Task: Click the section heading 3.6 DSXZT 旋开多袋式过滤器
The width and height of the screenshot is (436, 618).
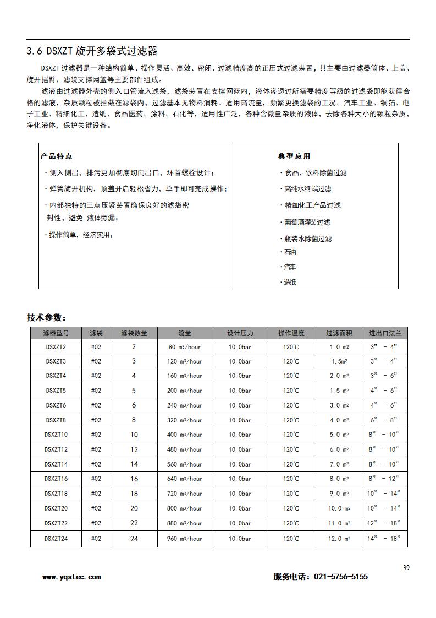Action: pyautogui.click(x=92, y=51)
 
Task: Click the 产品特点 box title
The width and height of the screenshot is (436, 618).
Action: pyautogui.click(x=56, y=156)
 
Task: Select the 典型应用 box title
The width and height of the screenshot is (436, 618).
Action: pyautogui.click(x=294, y=156)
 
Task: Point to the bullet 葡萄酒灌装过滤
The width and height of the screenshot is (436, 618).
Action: pyautogui.click(x=307, y=222)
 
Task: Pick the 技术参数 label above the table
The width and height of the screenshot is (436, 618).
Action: pyautogui.click(x=46, y=318)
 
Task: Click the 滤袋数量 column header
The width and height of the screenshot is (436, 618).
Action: pyautogui.click(x=134, y=333)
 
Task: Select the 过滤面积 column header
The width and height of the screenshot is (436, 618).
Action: pyautogui.click(x=339, y=333)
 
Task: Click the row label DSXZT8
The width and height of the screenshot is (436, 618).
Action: pyautogui.click(x=56, y=420)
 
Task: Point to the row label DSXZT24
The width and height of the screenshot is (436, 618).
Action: pyautogui.click(x=56, y=538)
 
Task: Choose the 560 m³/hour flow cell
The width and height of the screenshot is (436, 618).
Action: pyautogui.click(x=184, y=464)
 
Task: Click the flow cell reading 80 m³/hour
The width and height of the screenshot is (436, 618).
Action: pyautogui.click(x=184, y=347)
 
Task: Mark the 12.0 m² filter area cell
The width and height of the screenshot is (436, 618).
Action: pyautogui.click(x=339, y=538)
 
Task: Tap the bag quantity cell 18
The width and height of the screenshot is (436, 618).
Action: pyautogui.click(x=134, y=494)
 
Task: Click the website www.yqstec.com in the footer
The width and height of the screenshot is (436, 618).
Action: pyautogui.click(x=71, y=577)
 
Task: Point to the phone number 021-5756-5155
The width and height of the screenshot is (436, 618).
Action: pyautogui.click(x=340, y=577)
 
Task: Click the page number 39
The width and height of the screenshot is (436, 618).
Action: pyautogui.click(x=406, y=568)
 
